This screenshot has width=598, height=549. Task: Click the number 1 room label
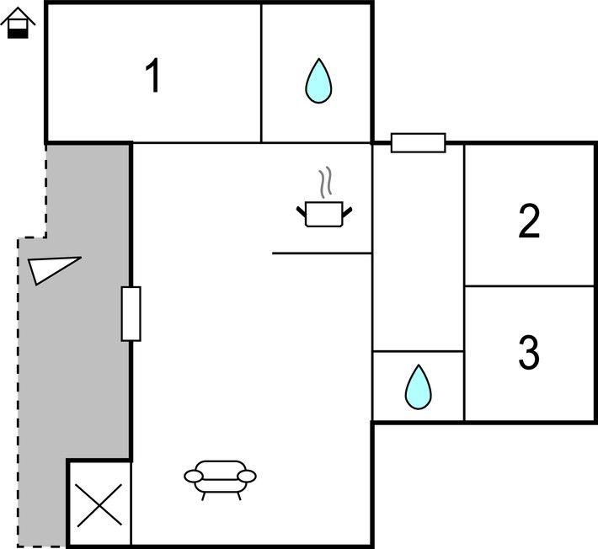(x=152, y=77)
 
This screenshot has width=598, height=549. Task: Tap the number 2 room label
(x=529, y=221)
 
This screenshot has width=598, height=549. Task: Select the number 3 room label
(x=528, y=353)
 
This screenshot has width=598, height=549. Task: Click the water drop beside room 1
(x=318, y=81)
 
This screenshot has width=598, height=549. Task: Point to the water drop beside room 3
(x=418, y=387)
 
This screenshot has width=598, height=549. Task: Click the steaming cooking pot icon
(x=324, y=212)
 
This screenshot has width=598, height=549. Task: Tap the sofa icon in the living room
(x=221, y=478)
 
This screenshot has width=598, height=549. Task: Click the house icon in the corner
(x=16, y=23)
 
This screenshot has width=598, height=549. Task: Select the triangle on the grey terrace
(x=50, y=269)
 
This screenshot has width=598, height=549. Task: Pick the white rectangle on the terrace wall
(x=131, y=313)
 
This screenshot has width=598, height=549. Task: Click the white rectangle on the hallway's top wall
(x=418, y=142)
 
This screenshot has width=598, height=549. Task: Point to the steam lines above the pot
(x=325, y=182)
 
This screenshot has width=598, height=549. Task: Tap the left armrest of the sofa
(x=194, y=477)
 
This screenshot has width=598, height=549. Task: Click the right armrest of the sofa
(x=247, y=477)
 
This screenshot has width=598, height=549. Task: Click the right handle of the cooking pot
(x=347, y=209)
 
